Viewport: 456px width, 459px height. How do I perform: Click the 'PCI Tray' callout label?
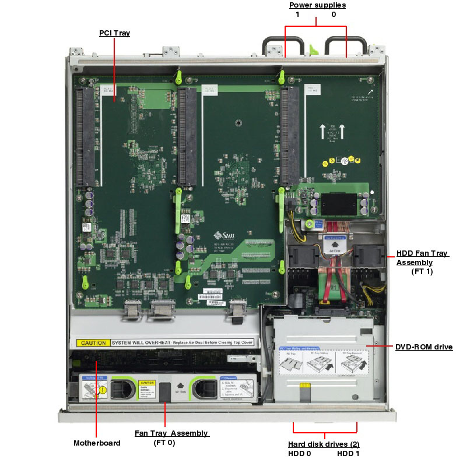[114, 33]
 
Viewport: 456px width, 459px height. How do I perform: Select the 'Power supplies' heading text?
[317, 5]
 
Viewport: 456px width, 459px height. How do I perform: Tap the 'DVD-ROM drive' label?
[424, 347]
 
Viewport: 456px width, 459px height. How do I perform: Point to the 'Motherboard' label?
[97, 443]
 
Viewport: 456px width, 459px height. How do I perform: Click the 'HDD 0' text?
[300, 453]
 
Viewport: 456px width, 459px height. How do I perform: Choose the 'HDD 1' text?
[348, 453]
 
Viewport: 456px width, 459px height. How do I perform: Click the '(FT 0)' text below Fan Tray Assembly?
[164, 443]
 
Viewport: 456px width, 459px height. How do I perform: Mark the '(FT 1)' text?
[422, 271]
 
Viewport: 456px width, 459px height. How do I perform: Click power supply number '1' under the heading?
[297, 15]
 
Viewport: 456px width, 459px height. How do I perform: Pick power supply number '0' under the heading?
[334, 15]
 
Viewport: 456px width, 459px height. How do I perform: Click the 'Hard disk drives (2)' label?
[324, 444]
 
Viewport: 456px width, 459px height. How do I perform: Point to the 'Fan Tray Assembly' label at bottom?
[171, 433]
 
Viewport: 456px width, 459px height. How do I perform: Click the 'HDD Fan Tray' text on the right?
[422, 253]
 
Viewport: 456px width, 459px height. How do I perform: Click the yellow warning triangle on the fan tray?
[102, 390]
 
